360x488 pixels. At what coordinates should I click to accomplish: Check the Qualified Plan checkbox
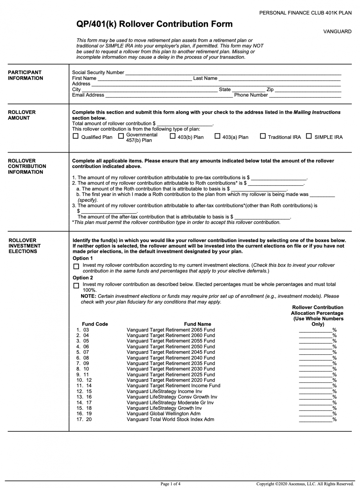(x=75, y=136)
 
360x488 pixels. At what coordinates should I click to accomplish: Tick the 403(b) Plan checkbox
(x=172, y=136)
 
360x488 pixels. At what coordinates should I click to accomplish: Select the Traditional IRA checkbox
(x=263, y=136)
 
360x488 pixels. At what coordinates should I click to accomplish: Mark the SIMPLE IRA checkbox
(x=309, y=136)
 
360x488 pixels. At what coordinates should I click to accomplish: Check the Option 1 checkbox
(x=76, y=267)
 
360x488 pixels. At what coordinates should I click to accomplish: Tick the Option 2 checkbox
(x=76, y=286)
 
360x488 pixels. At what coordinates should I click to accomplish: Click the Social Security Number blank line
(x=233, y=73)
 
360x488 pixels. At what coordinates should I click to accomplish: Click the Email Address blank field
(x=169, y=95)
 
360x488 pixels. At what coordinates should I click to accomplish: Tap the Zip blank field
(x=308, y=90)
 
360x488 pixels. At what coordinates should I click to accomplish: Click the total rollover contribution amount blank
(x=185, y=124)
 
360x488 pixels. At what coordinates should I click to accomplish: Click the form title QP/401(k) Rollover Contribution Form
(x=154, y=24)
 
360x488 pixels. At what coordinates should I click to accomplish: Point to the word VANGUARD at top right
(x=337, y=31)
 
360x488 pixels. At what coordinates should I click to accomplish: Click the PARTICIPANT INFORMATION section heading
(x=25, y=75)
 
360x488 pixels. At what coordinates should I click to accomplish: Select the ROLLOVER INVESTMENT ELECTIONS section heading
(x=24, y=246)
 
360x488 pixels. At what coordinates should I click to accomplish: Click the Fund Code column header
(x=95, y=324)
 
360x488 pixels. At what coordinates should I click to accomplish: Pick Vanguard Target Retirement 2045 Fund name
(x=170, y=352)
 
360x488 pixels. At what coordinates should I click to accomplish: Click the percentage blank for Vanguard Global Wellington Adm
(x=315, y=414)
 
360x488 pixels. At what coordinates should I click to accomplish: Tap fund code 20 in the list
(x=89, y=419)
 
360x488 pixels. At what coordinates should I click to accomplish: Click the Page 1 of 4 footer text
(x=170, y=484)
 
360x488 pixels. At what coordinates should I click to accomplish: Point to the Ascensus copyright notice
(x=305, y=484)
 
